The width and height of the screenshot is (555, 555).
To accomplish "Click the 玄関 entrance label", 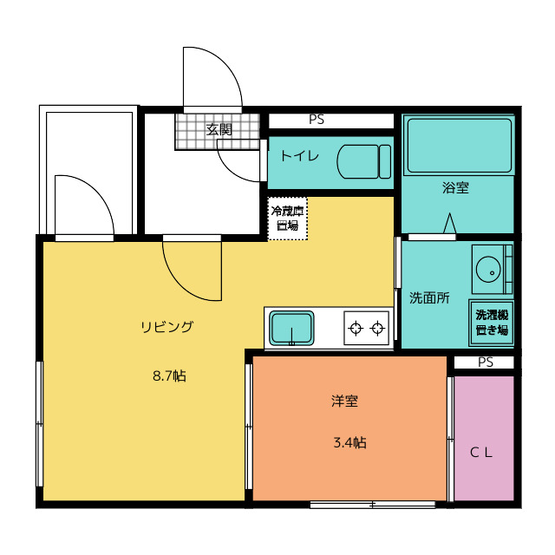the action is click(219, 130).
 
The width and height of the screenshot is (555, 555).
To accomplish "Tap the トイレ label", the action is click(300, 156).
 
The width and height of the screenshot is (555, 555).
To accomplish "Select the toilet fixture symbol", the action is click(364, 161).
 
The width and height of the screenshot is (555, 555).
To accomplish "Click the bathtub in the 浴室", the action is click(459, 145).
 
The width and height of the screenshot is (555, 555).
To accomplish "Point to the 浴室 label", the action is click(455, 187).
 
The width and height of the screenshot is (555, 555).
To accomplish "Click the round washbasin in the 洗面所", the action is click(488, 270).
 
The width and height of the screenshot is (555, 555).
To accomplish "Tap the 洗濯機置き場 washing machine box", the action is click(492, 323).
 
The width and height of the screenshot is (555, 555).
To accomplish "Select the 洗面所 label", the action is click(429, 298).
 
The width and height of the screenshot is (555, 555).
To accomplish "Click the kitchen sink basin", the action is click(291, 329).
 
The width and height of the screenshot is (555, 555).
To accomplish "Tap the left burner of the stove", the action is click(356, 329).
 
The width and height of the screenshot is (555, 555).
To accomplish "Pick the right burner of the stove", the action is click(378, 329).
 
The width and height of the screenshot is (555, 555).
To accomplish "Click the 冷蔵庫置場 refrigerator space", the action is click(287, 219).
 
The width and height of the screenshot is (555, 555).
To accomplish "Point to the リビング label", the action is click(167, 326).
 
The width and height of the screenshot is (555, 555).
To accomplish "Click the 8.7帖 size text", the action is click(169, 375).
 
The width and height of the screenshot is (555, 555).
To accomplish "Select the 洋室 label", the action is click(345, 401).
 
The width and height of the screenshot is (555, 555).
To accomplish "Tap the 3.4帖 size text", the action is click(349, 443).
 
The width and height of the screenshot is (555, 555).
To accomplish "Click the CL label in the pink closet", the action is click(481, 453).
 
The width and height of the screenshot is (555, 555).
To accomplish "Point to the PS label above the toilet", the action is click(317, 120).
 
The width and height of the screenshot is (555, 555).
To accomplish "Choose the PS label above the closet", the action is click(486, 362).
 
